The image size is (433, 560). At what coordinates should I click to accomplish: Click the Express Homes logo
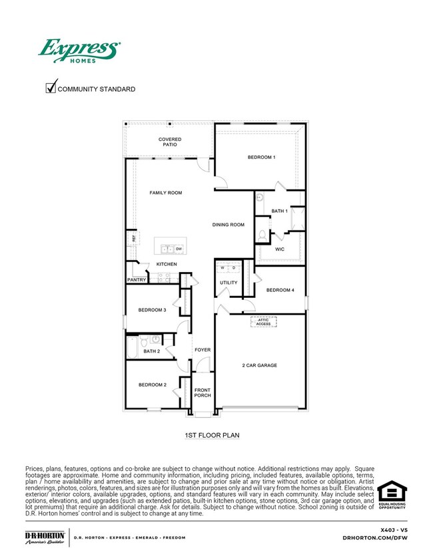click(x=79, y=51)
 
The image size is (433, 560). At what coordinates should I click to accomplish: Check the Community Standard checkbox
click(x=50, y=88)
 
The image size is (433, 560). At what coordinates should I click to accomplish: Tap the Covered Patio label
click(x=170, y=142)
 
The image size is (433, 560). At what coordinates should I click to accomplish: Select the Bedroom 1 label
click(x=261, y=157)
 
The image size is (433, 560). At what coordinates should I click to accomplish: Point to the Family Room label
click(x=165, y=193)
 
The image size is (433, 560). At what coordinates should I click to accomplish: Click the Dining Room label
click(x=228, y=225)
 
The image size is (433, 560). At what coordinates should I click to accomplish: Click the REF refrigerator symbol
click(x=133, y=238)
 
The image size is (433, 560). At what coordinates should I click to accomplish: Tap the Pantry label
click(x=137, y=280)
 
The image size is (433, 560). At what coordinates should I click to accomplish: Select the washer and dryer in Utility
click(x=228, y=269)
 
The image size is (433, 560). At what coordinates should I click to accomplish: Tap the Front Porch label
click(x=203, y=392)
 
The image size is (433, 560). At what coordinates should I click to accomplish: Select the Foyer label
click(x=203, y=350)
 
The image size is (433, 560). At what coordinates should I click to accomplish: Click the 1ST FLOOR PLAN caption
click(x=212, y=435)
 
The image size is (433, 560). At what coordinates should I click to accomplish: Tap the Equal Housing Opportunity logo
click(x=392, y=496)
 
